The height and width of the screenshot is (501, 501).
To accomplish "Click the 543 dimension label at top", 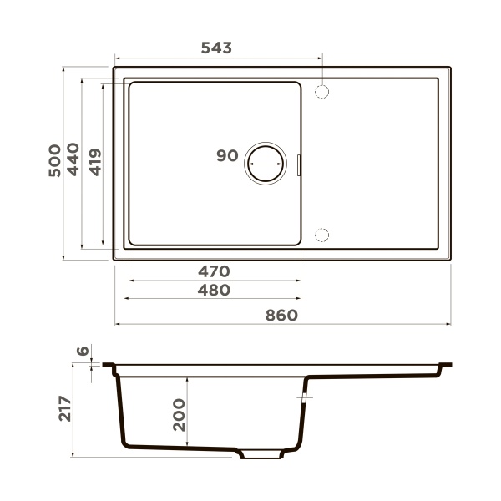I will (216, 48).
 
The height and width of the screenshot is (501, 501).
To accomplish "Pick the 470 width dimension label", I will (213, 271).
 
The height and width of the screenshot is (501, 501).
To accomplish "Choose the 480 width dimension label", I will (213, 290).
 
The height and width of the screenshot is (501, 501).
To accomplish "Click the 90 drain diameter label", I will (227, 155).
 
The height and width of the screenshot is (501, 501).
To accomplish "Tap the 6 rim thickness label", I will (82, 352).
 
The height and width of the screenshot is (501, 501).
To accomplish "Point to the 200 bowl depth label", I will (178, 414).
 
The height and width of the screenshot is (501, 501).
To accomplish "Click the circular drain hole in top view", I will (265, 162).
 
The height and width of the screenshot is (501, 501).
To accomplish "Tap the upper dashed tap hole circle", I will (322, 91).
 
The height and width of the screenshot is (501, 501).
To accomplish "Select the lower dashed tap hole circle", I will (322, 235).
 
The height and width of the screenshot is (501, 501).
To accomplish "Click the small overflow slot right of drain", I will (299, 164).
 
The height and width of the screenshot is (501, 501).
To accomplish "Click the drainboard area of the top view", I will (376, 163).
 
